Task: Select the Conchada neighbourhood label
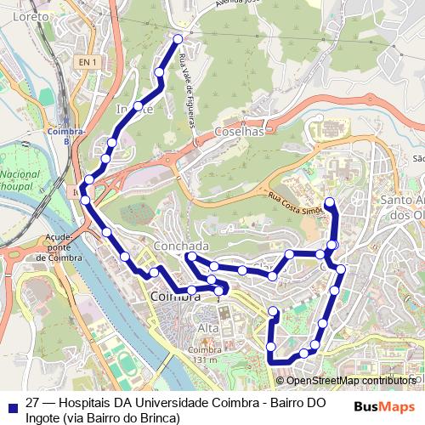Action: pos(180,246)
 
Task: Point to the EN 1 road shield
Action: pos(87,62)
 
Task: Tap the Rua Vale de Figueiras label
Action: pos(189,90)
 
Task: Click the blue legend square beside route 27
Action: pos(14,406)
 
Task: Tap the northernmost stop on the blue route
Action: pos(178,38)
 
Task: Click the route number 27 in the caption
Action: pos(33,403)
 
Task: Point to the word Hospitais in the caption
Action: pos(88,403)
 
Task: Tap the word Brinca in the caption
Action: pos(158,417)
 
